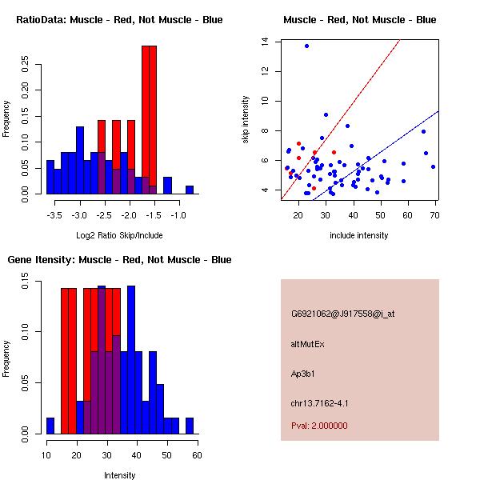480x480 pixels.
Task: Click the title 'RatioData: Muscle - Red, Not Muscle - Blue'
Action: (x=119, y=19)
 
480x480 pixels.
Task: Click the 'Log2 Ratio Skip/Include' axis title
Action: (x=118, y=234)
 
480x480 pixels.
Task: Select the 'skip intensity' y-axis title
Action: (x=246, y=119)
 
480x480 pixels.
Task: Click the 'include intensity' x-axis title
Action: (x=359, y=234)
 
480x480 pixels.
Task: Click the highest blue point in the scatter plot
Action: (x=306, y=46)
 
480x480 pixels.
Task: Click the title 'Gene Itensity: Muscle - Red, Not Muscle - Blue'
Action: (x=119, y=259)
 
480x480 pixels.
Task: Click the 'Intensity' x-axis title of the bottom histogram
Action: (x=119, y=474)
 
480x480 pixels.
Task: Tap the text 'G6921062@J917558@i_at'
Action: (x=342, y=313)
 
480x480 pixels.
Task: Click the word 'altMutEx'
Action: (x=309, y=343)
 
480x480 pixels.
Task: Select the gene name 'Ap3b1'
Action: (x=302, y=373)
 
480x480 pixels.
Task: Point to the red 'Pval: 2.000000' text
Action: (x=319, y=426)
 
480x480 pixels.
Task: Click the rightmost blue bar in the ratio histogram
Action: (x=190, y=190)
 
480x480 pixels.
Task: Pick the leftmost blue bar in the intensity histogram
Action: (x=50, y=426)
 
